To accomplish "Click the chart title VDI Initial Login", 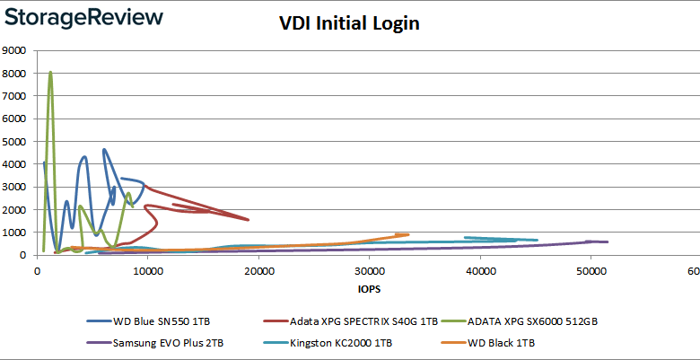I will (x=349, y=24).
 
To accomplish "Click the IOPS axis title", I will (x=369, y=289).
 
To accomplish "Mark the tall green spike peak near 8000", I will (x=50, y=72).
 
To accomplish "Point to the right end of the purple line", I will (x=608, y=241).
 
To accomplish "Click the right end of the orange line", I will (x=408, y=234).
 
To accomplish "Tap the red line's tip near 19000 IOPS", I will (x=249, y=220).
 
